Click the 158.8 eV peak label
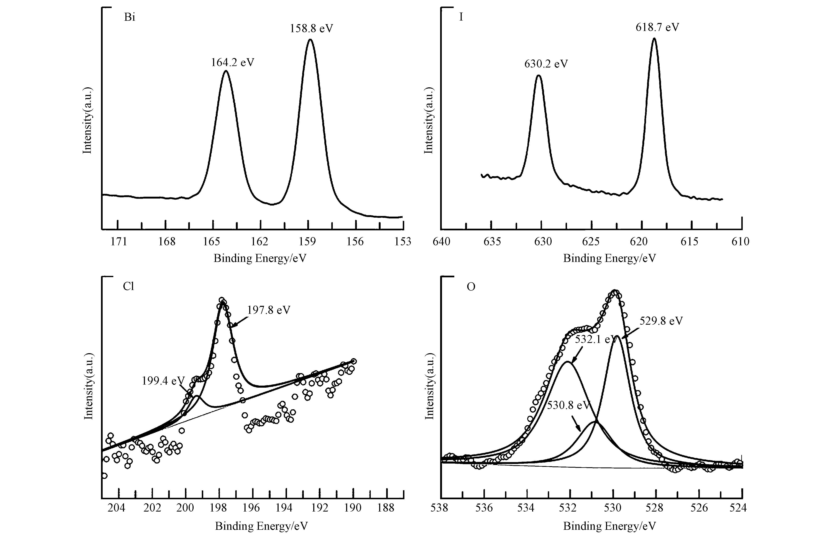[x=311, y=28]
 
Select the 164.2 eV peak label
[x=233, y=63]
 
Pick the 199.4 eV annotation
[x=163, y=381]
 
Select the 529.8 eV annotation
[x=661, y=321]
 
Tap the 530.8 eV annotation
[x=568, y=405]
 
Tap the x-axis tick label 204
[x=117, y=508]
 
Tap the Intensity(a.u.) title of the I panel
[x=428, y=120]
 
